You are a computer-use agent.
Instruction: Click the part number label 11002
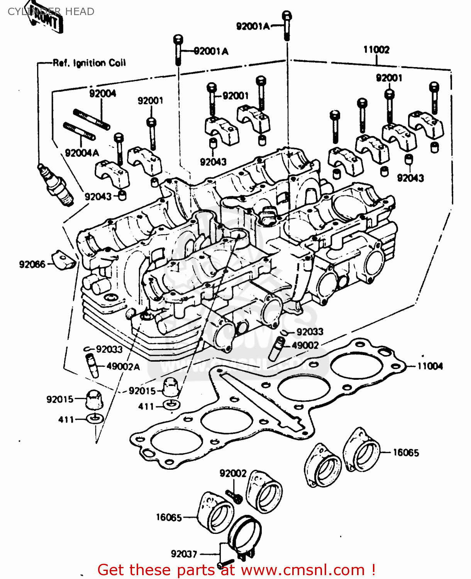tap(376, 50)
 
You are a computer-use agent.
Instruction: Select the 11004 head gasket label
tap(430, 366)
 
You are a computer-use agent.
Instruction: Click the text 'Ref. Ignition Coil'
tap(89, 63)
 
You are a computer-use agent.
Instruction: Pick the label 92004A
tap(82, 153)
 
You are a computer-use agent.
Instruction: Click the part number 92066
tap(32, 264)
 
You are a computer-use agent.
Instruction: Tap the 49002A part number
tap(123, 366)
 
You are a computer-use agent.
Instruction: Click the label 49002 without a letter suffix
tap(305, 345)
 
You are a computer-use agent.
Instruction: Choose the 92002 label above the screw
tap(233, 473)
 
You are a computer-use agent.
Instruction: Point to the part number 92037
tap(184, 554)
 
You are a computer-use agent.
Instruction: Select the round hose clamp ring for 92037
tap(244, 533)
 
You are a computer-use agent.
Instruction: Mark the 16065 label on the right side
tap(406, 452)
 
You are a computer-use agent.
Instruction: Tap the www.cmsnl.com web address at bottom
tap(303, 570)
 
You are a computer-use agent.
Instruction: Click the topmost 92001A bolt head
tap(286, 16)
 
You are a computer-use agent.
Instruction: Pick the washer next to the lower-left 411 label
tap(95, 418)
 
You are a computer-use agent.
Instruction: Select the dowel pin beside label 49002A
tap(92, 365)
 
